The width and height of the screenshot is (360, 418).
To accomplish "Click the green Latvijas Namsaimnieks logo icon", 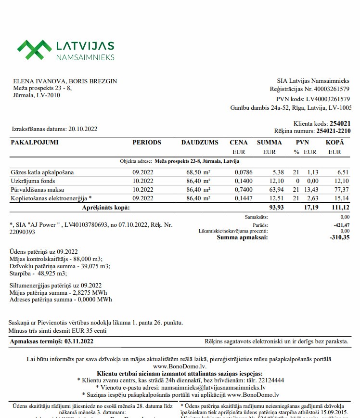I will [34, 50].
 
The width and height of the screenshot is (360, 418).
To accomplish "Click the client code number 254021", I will [340, 124].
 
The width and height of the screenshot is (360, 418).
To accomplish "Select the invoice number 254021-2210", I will [333, 131].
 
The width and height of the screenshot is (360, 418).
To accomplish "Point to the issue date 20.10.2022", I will [83, 129].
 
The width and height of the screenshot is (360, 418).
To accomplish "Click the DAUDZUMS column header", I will [200, 143].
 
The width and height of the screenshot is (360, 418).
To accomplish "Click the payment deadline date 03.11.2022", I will [78, 341].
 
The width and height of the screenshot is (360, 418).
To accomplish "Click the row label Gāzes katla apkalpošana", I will [42, 172].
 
